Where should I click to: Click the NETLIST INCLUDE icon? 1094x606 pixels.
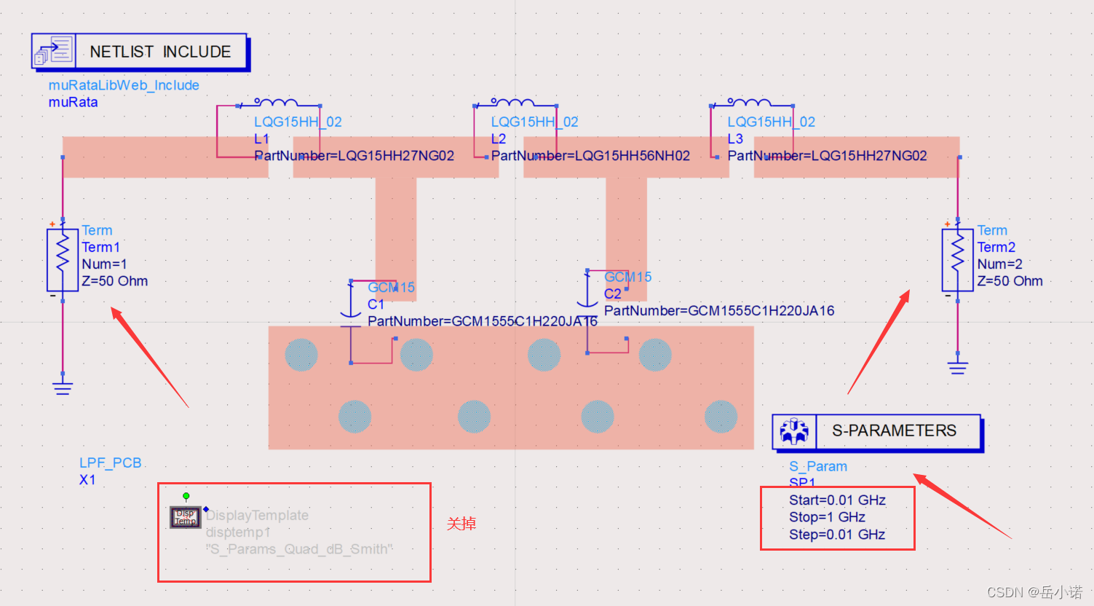53,52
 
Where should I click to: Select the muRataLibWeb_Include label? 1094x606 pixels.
124,85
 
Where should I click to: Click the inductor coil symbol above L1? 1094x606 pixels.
276,103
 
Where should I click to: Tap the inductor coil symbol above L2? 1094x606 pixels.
512,103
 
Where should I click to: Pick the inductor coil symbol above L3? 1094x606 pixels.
749,103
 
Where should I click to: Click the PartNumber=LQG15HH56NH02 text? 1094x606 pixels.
590,155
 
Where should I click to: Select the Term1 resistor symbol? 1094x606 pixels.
63,260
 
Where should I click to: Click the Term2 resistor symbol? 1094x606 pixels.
957,260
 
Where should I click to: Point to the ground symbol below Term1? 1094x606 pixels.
63,386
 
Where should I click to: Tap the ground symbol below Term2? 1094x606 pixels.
957,366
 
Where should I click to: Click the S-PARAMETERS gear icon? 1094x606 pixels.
794,431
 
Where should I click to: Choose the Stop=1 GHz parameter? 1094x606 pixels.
827,517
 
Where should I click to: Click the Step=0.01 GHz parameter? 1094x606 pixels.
837,535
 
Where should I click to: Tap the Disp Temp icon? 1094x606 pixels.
186,517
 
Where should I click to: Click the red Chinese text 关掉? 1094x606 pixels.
461,524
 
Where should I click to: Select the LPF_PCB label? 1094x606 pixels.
111,463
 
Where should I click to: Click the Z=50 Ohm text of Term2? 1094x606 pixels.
1010,281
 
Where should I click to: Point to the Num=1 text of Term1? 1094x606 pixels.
104,264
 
